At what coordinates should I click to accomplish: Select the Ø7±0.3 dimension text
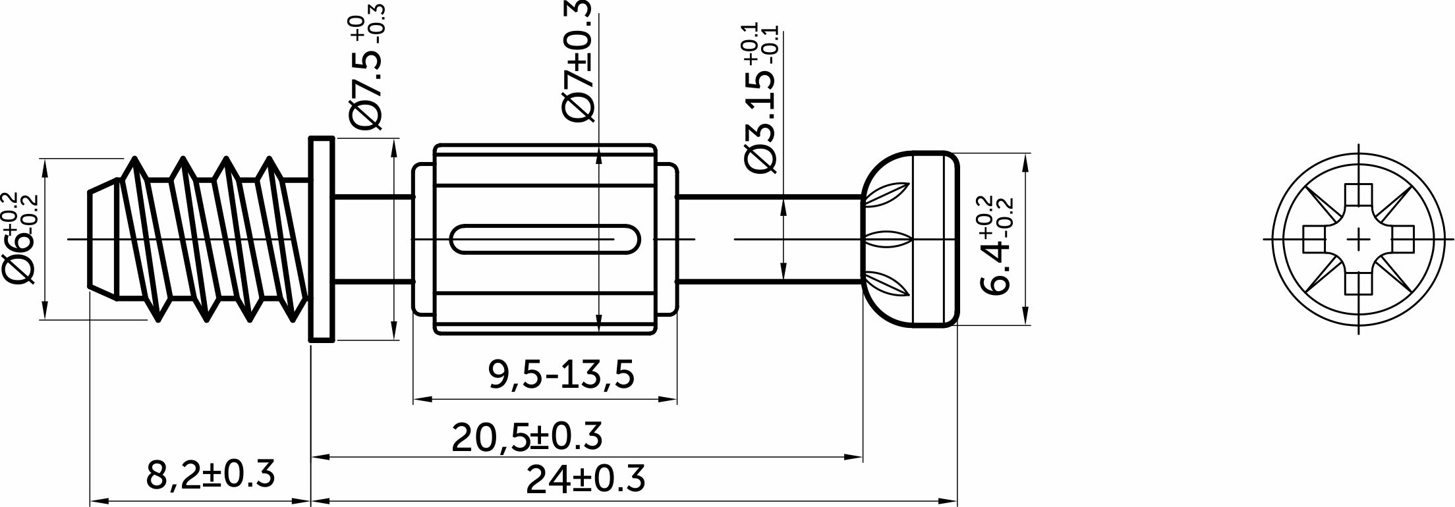coord(578,61)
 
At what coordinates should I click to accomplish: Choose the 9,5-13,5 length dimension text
coord(561,375)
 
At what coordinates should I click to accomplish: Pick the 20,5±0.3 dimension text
coord(527,437)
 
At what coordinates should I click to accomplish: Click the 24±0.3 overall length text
coord(585,479)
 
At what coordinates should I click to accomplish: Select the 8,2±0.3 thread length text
coord(210,474)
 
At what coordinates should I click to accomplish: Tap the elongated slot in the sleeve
coord(544,239)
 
